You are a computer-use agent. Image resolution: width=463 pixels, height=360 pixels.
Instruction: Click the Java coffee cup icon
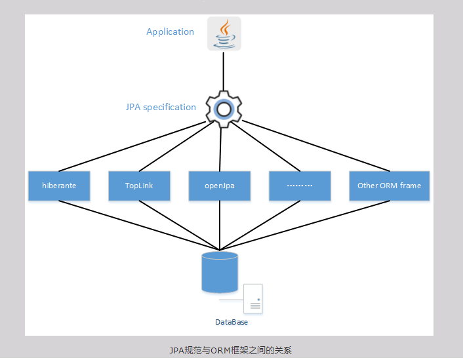point(224,33)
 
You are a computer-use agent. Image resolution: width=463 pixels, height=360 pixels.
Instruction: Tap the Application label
point(170,31)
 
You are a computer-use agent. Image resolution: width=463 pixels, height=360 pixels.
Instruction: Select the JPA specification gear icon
point(224,109)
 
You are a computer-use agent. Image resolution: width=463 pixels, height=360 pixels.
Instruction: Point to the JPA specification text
point(161,107)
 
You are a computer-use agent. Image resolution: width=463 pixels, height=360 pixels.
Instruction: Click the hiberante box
point(59,186)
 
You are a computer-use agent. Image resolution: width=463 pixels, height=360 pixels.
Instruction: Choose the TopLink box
point(139,186)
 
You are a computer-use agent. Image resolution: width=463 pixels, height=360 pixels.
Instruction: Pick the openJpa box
point(220,186)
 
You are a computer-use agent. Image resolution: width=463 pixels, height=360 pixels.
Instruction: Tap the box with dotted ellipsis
point(300,186)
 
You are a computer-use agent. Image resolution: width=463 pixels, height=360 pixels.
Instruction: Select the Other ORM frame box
point(389,186)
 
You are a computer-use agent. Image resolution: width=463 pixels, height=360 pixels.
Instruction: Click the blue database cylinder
point(220,271)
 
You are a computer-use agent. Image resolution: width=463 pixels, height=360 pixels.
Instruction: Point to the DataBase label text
point(231,322)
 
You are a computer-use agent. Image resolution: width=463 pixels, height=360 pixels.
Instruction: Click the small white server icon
point(253,298)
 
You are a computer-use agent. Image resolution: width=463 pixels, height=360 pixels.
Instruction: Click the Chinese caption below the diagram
point(230,350)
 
